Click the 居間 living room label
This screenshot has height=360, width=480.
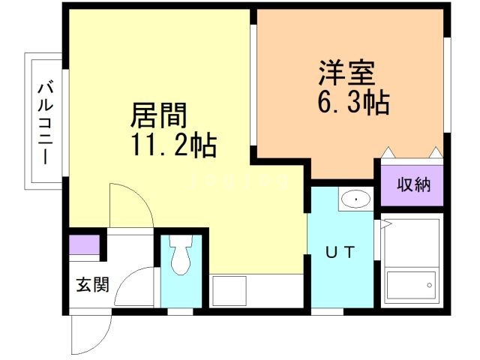point(158,117)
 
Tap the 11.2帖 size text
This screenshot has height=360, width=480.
point(174,144)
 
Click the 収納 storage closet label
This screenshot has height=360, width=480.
point(413,184)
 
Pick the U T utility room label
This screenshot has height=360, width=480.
point(340,253)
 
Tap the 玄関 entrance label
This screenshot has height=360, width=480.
point(92,285)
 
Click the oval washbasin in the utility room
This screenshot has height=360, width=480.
point(354,200)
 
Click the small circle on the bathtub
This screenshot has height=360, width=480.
point(429,284)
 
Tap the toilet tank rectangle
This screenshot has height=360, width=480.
point(180,243)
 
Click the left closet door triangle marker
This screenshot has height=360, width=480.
point(388,152)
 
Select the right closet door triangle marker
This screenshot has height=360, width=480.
point(436,152)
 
